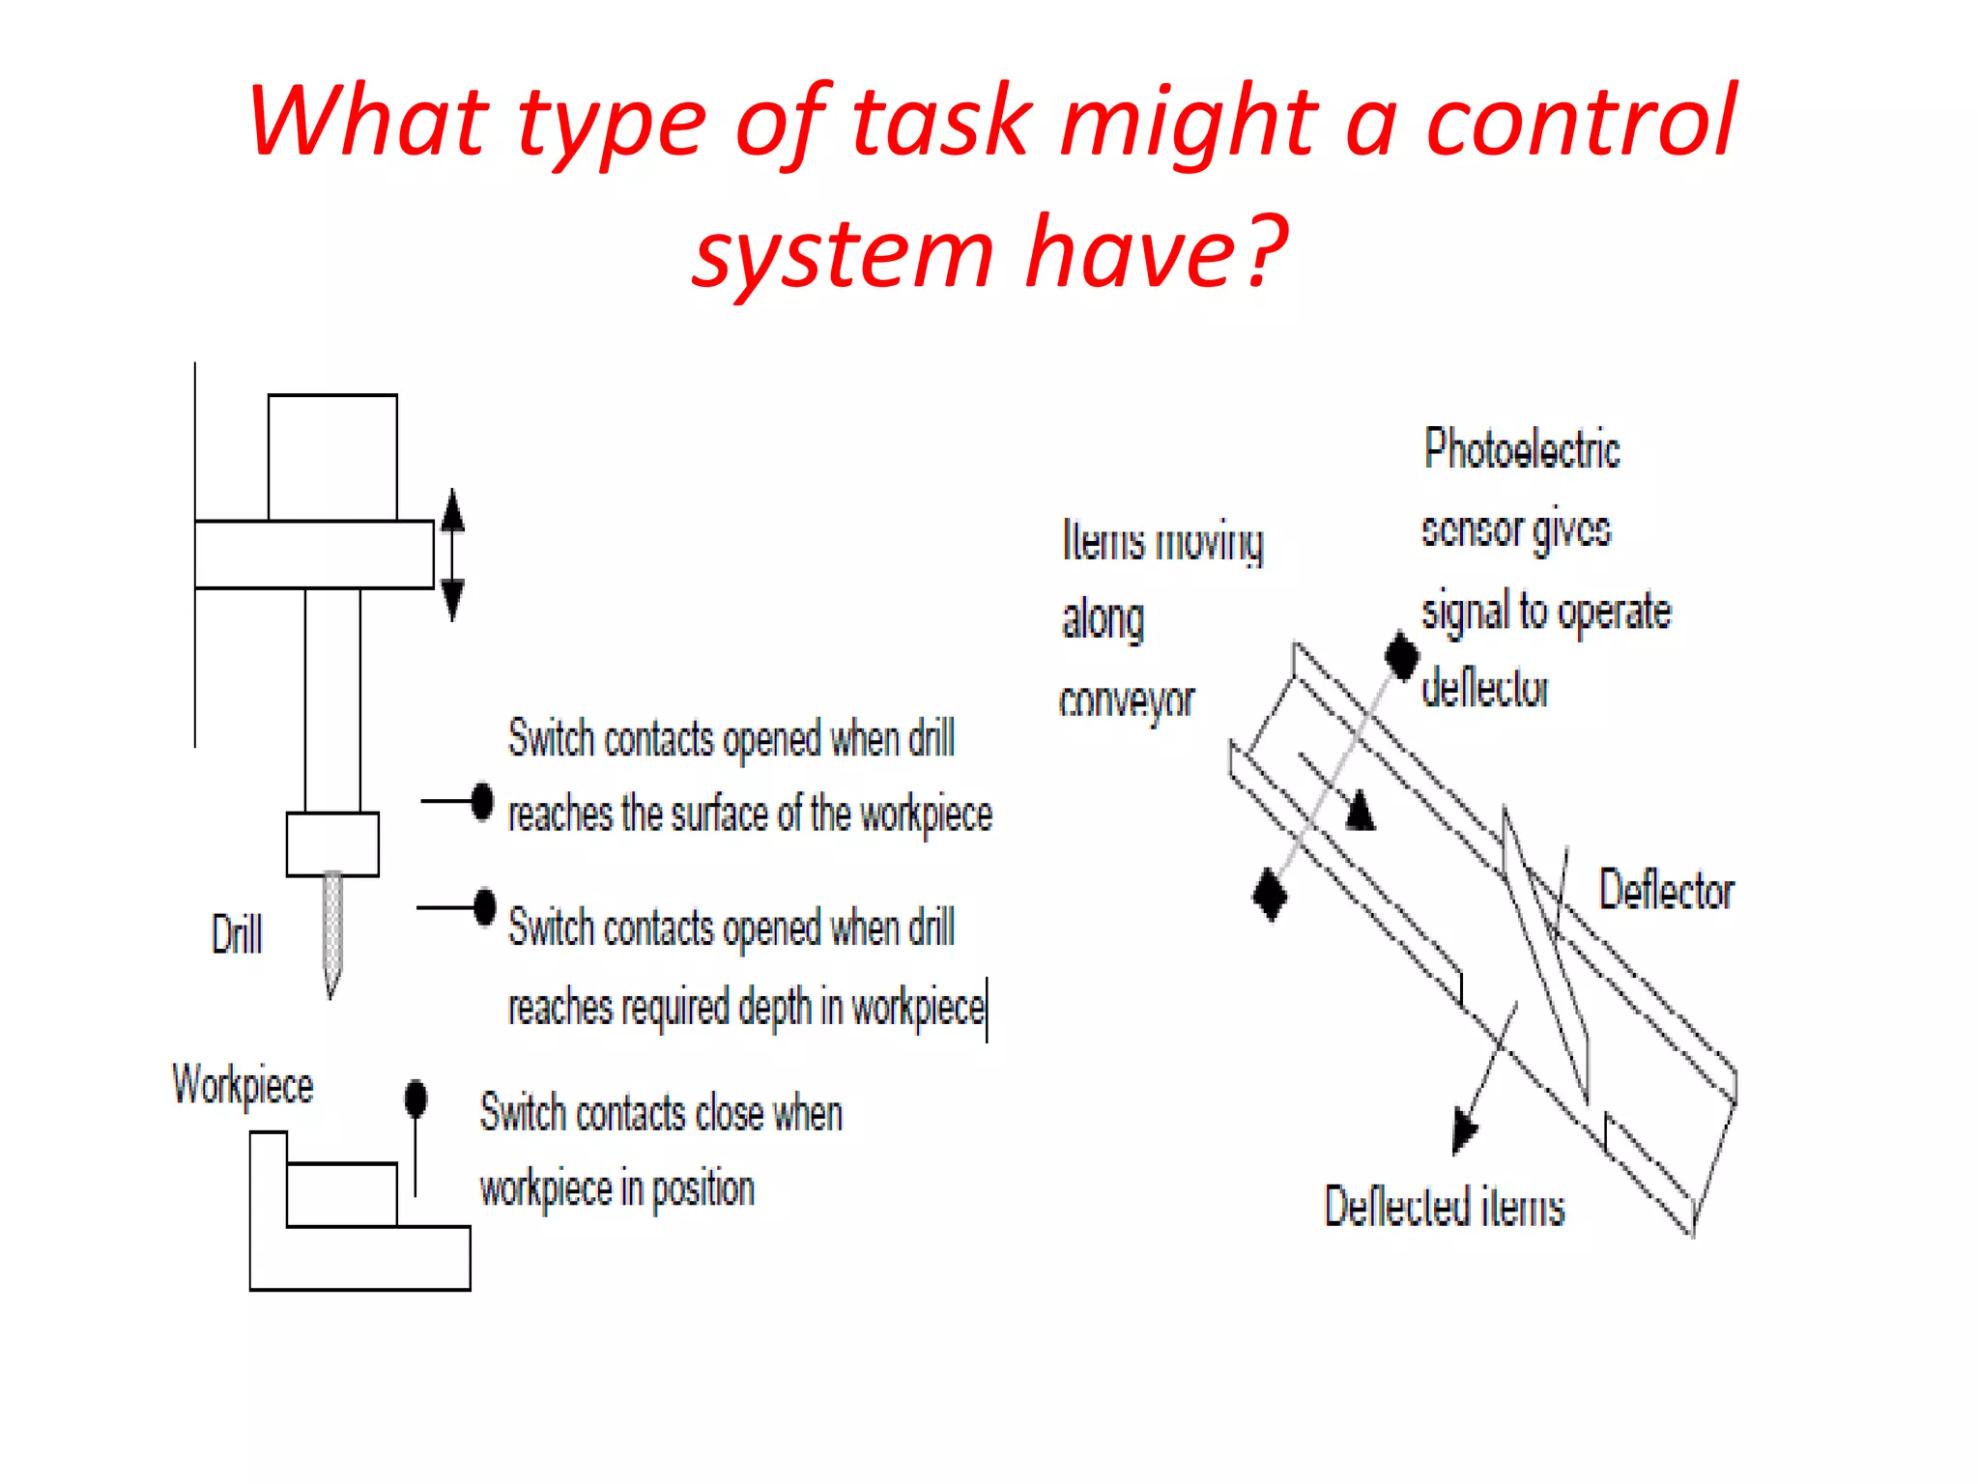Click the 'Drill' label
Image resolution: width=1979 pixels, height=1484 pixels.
237,934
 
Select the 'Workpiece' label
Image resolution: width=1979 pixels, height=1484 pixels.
243,1084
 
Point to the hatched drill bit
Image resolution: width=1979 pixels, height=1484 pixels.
332,927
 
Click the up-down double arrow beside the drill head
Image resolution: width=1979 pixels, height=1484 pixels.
452,555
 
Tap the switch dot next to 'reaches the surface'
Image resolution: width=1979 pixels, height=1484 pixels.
483,802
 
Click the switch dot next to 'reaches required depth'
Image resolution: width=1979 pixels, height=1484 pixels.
485,907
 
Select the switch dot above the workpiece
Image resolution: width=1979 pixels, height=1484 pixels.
416,1099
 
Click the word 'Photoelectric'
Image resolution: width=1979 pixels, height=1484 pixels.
1522,449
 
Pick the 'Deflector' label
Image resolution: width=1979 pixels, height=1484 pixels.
1666,890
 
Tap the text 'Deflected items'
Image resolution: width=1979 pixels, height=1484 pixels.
1444,1207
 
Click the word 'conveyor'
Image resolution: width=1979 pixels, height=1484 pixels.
1127,700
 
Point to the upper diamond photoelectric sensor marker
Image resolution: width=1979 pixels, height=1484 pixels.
1401,657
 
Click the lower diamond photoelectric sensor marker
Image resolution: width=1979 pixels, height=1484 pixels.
1270,894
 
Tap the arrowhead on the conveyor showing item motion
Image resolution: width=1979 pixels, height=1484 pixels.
1361,812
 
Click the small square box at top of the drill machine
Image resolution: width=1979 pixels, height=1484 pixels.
332,457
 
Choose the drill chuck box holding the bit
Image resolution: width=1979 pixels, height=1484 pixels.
332,843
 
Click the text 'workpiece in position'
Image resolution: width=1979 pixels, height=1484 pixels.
617,1188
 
